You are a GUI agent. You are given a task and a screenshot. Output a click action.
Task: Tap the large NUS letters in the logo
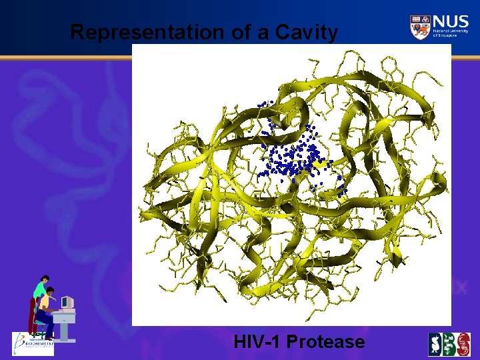(450, 22)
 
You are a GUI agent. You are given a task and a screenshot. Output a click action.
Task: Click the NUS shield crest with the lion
(420, 27)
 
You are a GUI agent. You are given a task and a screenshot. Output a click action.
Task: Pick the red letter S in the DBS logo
(463, 344)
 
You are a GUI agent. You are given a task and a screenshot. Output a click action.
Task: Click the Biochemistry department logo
(33, 344)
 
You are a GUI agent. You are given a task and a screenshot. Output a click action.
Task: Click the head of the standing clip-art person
(45, 279)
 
